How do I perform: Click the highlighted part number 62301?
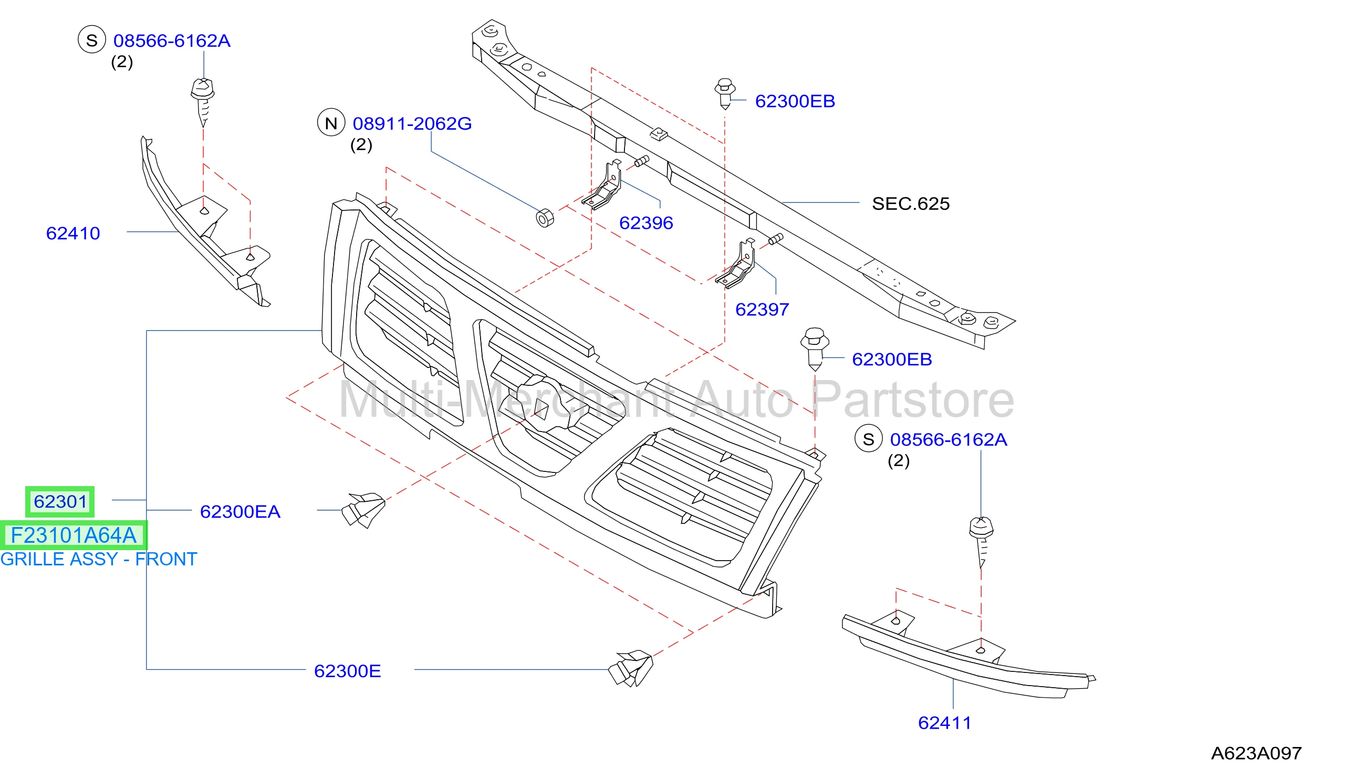click(60, 502)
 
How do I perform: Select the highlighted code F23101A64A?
click(74, 535)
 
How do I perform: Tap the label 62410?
click(73, 233)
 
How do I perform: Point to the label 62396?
click(646, 223)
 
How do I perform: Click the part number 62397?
click(762, 309)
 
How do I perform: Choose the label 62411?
click(944, 723)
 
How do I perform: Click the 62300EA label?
click(239, 511)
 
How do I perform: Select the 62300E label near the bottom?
click(347, 671)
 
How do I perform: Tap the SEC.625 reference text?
click(911, 204)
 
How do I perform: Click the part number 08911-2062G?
click(412, 123)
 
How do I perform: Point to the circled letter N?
click(331, 122)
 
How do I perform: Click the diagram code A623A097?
click(1257, 753)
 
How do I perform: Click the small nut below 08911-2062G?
click(545, 218)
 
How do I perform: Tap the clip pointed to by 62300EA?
click(363, 510)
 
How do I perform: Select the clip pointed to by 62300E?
click(631, 668)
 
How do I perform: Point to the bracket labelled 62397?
click(736, 264)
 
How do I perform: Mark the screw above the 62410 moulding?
click(203, 102)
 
